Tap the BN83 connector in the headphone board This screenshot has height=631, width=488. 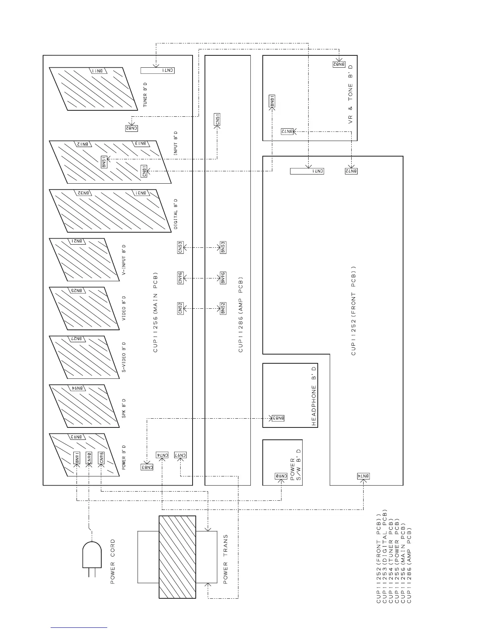tap(278, 418)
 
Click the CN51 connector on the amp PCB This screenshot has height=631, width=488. tap(217, 120)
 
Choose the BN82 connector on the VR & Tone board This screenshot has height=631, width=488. tap(338, 64)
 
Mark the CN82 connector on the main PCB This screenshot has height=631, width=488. tap(132, 128)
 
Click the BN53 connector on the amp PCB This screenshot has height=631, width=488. tap(223, 248)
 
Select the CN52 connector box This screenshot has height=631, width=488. tap(180, 308)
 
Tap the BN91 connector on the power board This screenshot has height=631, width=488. tap(77, 458)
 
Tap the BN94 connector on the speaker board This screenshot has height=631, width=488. tap(78, 388)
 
